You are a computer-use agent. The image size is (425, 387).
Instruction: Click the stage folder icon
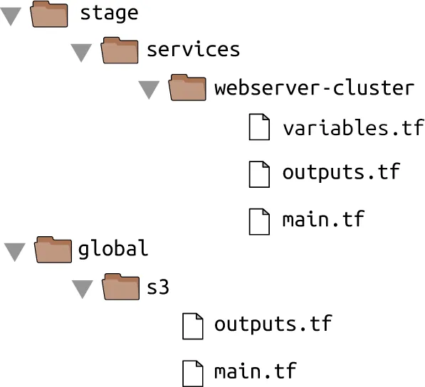[49, 14]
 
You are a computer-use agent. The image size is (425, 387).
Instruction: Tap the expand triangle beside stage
[11, 16]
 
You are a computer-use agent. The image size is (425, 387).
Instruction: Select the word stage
[109, 14]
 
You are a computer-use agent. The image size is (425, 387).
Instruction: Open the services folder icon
[120, 51]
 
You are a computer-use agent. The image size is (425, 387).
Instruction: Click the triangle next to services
[81, 53]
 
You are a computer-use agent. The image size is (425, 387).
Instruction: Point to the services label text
[193, 50]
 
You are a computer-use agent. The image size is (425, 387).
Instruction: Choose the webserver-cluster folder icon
[187, 88]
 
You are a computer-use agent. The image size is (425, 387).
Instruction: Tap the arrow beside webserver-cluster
[149, 90]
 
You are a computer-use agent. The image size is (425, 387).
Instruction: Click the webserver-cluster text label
[315, 88]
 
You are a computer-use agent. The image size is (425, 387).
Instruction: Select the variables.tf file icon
[259, 127]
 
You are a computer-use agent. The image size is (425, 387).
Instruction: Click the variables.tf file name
[353, 127]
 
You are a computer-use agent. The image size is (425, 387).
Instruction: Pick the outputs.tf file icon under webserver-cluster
[259, 174]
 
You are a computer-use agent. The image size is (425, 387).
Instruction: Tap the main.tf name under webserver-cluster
[323, 218]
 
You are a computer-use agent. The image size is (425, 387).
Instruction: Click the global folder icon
[53, 250]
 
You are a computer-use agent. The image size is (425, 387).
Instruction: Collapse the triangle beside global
[15, 252]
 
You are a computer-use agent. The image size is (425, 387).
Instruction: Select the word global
[113, 249]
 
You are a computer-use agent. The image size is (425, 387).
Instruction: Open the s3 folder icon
[121, 287]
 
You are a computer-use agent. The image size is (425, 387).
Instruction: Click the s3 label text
[158, 287]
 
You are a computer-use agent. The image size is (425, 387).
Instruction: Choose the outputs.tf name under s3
[273, 324]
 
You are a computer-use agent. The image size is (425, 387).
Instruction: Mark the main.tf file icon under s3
[193, 373]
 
